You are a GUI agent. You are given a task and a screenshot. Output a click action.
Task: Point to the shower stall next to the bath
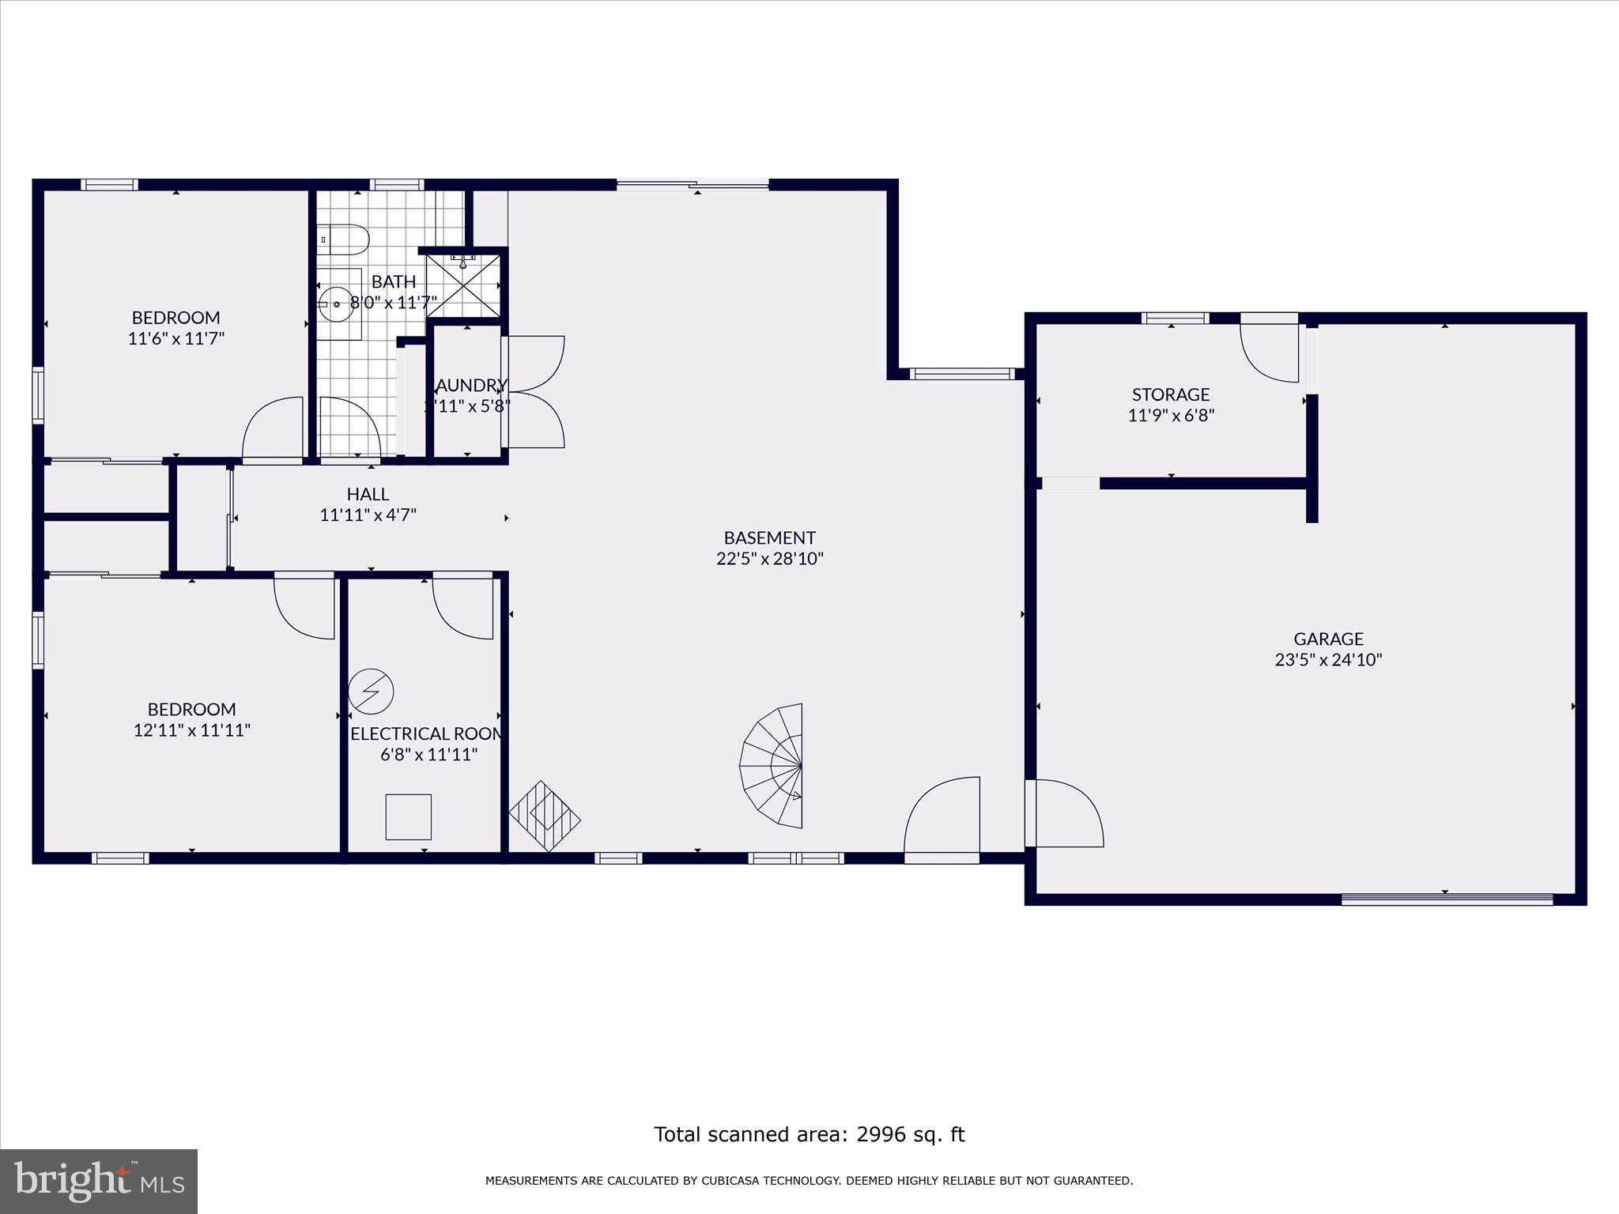(x=463, y=285)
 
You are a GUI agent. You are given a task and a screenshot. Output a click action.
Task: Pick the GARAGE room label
(x=1328, y=639)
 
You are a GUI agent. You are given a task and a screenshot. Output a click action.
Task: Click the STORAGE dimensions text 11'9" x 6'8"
(x=1171, y=415)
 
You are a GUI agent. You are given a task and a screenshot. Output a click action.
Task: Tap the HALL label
(x=368, y=494)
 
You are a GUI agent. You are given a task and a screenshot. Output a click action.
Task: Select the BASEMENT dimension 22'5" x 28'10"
(x=769, y=559)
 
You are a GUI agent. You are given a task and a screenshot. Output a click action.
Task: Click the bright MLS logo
(x=99, y=1181)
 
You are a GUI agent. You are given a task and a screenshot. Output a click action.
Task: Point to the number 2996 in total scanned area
(x=882, y=1135)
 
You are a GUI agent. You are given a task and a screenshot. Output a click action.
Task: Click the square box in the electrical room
(x=409, y=816)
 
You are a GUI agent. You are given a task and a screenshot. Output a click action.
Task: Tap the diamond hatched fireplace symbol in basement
(x=545, y=816)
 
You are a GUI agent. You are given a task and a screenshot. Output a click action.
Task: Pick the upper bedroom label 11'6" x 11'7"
(x=176, y=339)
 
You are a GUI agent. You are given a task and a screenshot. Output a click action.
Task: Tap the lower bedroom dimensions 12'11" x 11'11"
(x=192, y=730)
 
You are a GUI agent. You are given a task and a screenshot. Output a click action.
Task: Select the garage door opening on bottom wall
(x=1447, y=899)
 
